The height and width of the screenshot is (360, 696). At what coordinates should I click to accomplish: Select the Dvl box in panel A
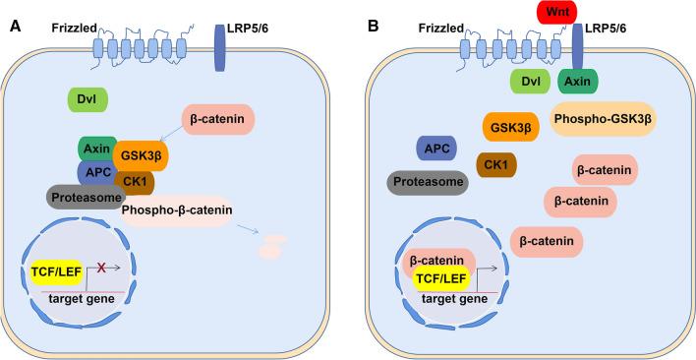click(87, 99)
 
